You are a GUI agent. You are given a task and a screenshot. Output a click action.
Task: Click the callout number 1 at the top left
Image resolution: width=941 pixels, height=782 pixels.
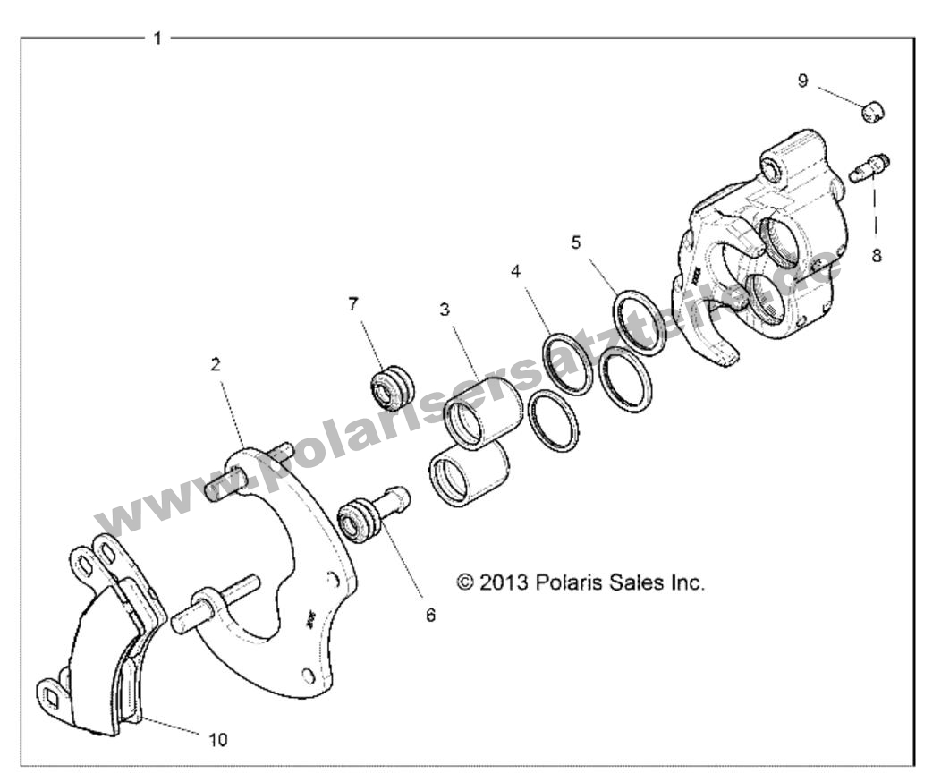pyautogui.click(x=157, y=38)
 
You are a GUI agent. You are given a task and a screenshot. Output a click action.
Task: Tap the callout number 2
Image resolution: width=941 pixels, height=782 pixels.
pyautogui.click(x=216, y=365)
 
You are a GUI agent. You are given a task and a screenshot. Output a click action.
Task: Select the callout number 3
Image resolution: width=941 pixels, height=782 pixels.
pyautogui.click(x=444, y=310)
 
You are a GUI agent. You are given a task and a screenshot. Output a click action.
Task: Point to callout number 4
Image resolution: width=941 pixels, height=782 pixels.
pyautogui.click(x=515, y=270)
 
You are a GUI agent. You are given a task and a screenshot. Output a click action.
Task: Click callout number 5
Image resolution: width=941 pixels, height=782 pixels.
pyautogui.click(x=576, y=242)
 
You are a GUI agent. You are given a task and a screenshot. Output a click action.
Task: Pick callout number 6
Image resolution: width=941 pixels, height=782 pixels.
pyautogui.click(x=430, y=616)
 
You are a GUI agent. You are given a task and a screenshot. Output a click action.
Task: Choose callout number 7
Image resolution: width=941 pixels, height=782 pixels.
pyautogui.click(x=353, y=303)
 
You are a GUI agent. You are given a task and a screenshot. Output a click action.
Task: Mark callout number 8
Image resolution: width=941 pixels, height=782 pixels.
pyautogui.click(x=876, y=256)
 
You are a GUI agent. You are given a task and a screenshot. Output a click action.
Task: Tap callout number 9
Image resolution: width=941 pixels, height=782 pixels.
pyautogui.click(x=802, y=81)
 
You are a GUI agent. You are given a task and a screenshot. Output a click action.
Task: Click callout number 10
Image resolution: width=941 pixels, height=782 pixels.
pyautogui.click(x=218, y=739)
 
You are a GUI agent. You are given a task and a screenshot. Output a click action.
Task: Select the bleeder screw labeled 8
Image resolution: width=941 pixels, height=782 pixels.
pyautogui.click(x=869, y=167)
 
